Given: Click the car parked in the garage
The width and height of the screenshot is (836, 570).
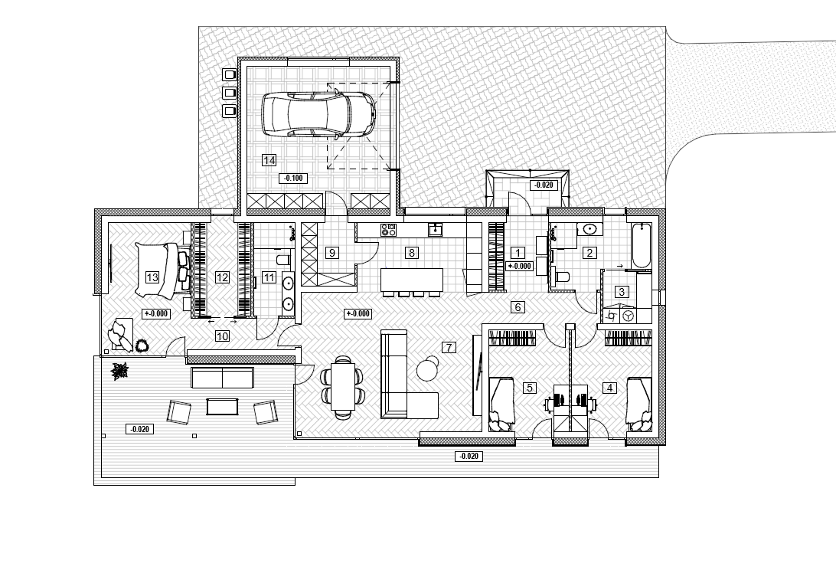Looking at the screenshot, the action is [x=318, y=114].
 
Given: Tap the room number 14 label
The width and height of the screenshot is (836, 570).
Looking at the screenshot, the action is [x=269, y=160].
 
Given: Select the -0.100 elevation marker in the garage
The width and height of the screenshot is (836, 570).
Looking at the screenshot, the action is [x=293, y=179].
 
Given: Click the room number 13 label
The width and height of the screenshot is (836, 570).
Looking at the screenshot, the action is [x=152, y=277].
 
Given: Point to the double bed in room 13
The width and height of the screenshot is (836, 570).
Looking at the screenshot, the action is [x=162, y=270].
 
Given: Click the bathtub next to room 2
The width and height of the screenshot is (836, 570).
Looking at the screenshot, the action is [x=641, y=246].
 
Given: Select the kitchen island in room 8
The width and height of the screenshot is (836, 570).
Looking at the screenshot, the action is [x=412, y=280].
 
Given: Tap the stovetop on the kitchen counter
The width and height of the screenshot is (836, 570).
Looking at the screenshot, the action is [x=388, y=230].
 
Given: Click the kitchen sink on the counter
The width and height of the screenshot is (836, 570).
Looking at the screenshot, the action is [x=435, y=230].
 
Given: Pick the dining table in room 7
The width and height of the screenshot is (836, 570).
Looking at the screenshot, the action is [x=343, y=386].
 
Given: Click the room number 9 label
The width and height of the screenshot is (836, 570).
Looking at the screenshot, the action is [x=332, y=253].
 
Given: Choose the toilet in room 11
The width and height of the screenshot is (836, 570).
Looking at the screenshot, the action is [x=283, y=260].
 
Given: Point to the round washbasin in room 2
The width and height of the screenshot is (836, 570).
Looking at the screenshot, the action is [x=589, y=229].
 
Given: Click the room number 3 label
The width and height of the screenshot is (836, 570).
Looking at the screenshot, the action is [x=621, y=292].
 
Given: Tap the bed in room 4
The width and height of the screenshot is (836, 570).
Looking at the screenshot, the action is [x=639, y=404].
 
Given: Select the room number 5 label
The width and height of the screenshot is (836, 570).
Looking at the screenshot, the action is [x=530, y=388].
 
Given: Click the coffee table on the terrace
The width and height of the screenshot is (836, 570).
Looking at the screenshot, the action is [x=222, y=407].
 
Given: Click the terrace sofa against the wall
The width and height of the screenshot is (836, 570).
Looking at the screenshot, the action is [x=222, y=378].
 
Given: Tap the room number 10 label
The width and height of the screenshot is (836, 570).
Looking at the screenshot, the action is [x=222, y=336].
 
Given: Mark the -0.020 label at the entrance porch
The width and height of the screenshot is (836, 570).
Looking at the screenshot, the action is [x=544, y=185].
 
